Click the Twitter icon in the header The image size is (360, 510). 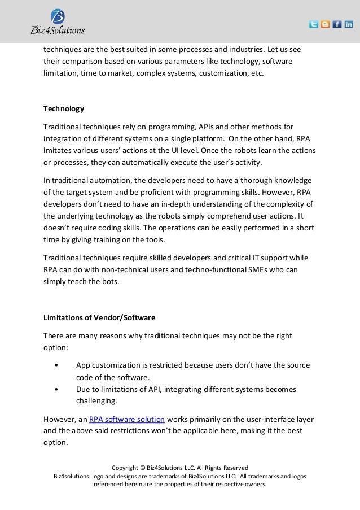[314, 24]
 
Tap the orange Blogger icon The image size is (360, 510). [326, 24]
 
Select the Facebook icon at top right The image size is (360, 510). [337, 24]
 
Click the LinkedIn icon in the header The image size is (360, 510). [349, 24]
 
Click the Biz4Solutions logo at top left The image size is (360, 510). [58, 21]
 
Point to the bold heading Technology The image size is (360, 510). [64, 108]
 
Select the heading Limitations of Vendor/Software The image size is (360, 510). [99, 317]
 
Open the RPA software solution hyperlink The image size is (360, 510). [127, 419]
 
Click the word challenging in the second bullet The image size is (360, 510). [96, 401]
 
